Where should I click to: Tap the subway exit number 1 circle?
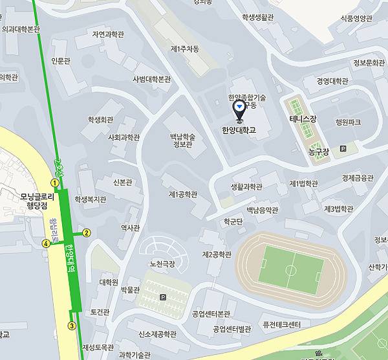pos(55,183)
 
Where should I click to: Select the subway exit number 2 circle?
pos(87,232)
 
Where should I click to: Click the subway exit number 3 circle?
pos(72,326)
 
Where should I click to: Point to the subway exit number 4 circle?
pos(46,243)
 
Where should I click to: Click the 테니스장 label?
pos(303,120)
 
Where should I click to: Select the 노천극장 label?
pos(162,264)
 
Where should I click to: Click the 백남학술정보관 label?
pos(182,141)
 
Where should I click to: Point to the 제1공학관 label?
pos(182,194)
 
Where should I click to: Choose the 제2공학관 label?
pos(216,254)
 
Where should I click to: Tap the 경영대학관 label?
pos(332,81)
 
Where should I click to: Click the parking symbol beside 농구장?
pos(343,149)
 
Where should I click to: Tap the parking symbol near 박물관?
pos(162,298)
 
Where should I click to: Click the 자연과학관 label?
pos(107,34)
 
